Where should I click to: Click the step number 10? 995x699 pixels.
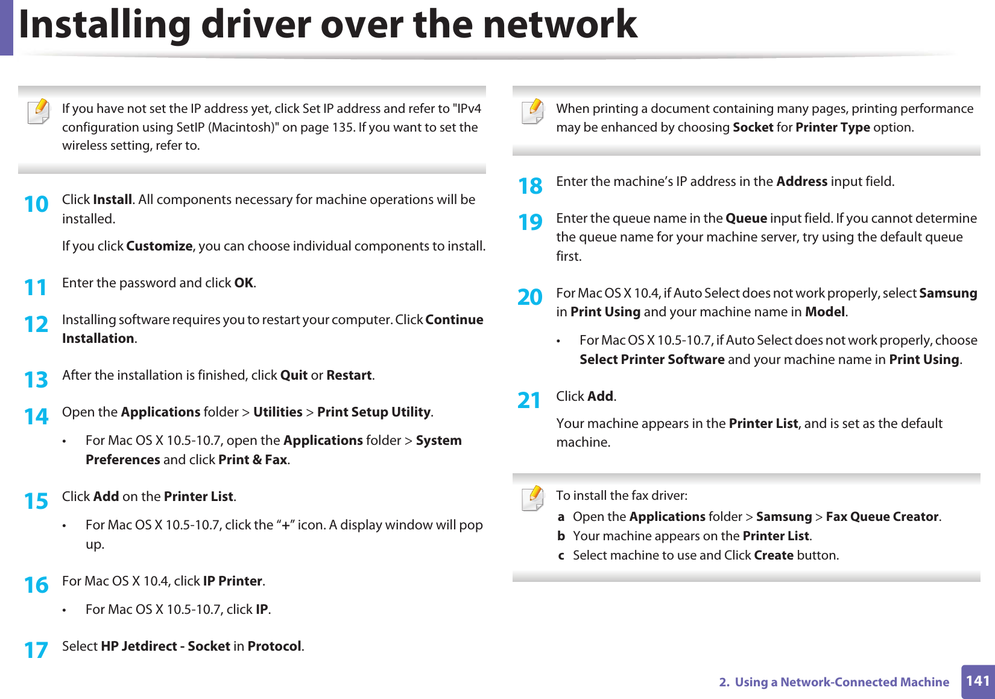tap(36, 204)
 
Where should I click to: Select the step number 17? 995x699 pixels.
tap(36, 650)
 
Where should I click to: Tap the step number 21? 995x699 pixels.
tap(529, 400)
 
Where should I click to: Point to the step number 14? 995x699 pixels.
tap(36, 417)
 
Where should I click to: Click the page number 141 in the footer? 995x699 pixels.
tap(978, 681)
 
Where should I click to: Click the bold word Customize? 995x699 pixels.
tap(159, 246)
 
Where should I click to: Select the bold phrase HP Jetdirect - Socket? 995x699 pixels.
tap(165, 646)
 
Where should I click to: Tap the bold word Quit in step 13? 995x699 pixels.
tap(294, 375)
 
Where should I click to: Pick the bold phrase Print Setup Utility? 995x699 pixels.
tap(374, 412)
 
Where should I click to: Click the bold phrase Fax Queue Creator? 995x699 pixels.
tap(882, 517)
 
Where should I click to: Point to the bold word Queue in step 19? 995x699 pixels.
tap(746, 219)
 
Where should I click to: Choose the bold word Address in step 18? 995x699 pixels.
tap(801, 182)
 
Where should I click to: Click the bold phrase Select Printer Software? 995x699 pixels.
tap(652, 360)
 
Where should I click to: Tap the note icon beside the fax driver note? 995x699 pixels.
tap(532, 499)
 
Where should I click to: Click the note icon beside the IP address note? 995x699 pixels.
tap(39, 112)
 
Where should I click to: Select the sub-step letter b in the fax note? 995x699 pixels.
tap(561, 536)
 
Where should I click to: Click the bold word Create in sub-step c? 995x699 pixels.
tap(774, 555)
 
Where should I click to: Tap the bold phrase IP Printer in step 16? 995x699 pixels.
tap(233, 581)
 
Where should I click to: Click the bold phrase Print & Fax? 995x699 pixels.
tap(253, 460)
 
